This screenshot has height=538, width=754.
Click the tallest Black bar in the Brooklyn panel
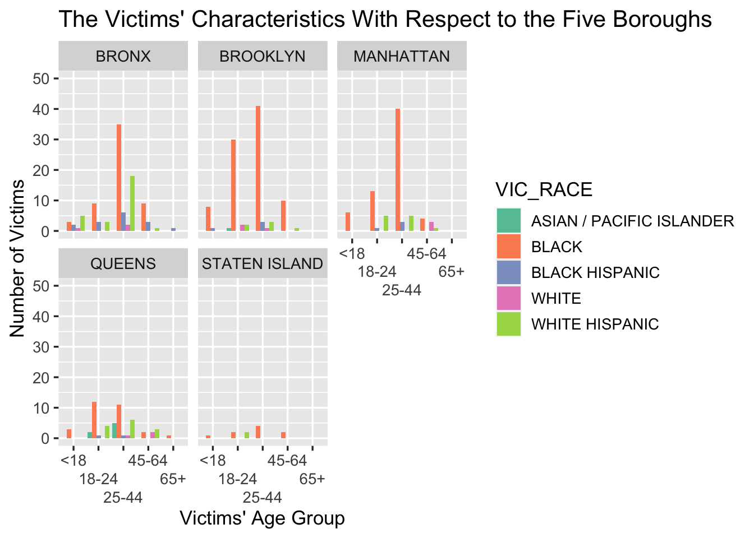pos(258,168)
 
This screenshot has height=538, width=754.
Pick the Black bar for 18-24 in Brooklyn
pos(233,185)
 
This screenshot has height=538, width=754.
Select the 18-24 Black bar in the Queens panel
pos(94,420)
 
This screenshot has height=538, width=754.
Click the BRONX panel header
pos(123,57)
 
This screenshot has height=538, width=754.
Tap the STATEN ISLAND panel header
pos(262,264)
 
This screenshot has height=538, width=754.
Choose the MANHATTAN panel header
pos(402,57)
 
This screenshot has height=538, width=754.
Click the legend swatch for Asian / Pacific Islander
pos(509,221)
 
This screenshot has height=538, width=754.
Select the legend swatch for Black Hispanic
pos(509,272)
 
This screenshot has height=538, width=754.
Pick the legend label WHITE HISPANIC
pos(595,324)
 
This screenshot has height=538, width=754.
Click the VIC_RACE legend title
pos(544,190)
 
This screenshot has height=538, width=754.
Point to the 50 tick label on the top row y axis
pos(42,78)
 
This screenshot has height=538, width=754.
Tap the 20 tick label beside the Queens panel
pos(42,378)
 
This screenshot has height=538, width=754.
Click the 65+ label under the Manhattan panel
pos(452,272)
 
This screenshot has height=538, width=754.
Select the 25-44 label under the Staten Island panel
pos(262,498)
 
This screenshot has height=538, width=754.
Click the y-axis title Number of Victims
pos(18,258)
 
